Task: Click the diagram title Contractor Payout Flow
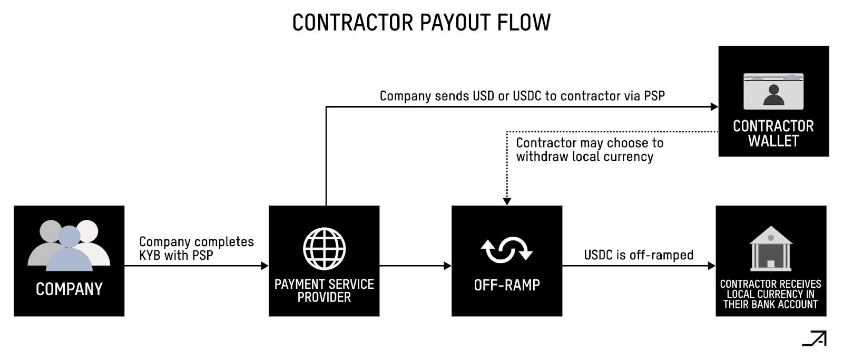pos(421,23)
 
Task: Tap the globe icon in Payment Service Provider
pos(324,249)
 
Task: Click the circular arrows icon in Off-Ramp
pos(507,250)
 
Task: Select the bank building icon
pos(770,248)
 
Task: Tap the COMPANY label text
pos(69,289)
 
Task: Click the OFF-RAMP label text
pos(507,285)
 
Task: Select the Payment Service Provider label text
pos(324,290)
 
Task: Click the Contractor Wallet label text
pos(773,133)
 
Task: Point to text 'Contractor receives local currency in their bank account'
pos(770,294)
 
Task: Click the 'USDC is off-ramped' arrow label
pos(639,255)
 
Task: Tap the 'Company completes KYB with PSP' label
pos(196,248)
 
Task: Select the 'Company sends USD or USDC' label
pos(522,96)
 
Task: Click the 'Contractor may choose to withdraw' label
pos(589,150)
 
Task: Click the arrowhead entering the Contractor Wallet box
pos(714,107)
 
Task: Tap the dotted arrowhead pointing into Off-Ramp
pos(507,201)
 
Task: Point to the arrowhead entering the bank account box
pos(711,266)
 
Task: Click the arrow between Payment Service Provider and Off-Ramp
pos(415,266)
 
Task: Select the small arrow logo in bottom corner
pos(815,339)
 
